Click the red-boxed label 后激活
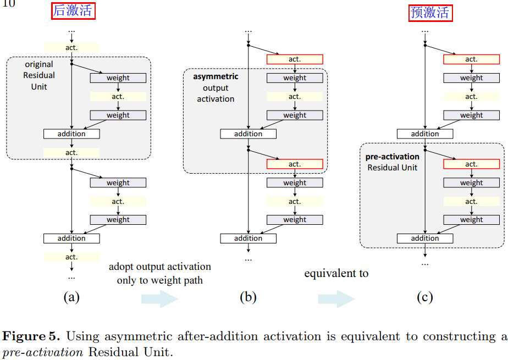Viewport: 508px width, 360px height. click(x=74, y=10)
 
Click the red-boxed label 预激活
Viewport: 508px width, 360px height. click(x=430, y=12)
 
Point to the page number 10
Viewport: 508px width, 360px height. click(x=8, y=4)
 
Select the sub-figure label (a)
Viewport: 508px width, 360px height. click(x=71, y=297)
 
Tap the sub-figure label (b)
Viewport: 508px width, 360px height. click(x=248, y=297)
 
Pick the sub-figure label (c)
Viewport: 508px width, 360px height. click(x=424, y=297)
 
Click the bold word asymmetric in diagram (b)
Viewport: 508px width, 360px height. click(x=216, y=76)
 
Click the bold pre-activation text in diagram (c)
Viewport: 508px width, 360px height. click(x=392, y=157)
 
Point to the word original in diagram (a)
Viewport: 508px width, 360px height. click(x=39, y=64)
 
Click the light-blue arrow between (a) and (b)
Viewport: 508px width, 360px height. click(x=160, y=299)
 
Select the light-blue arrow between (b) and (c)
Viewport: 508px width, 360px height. click(x=336, y=299)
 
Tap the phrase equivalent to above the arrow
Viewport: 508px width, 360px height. click(x=336, y=273)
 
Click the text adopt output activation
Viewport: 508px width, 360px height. click(x=159, y=267)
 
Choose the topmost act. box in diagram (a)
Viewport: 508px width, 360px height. click(x=71, y=47)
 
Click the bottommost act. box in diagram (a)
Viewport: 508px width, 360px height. click(x=71, y=257)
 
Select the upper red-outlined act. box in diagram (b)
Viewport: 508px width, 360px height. click(x=295, y=59)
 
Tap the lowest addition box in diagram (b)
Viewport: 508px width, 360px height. click(x=248, y=239)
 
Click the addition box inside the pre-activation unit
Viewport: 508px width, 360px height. click(x=425, y=239)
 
